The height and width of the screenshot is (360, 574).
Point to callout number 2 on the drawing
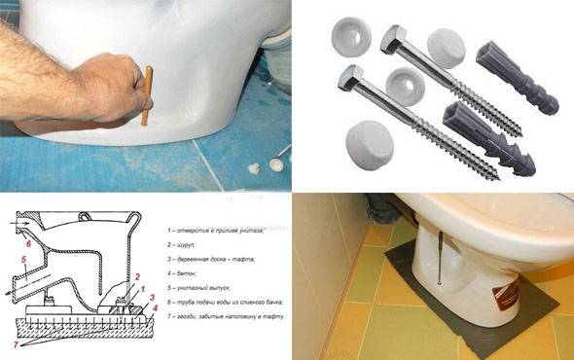138,277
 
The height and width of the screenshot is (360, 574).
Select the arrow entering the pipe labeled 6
18,224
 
